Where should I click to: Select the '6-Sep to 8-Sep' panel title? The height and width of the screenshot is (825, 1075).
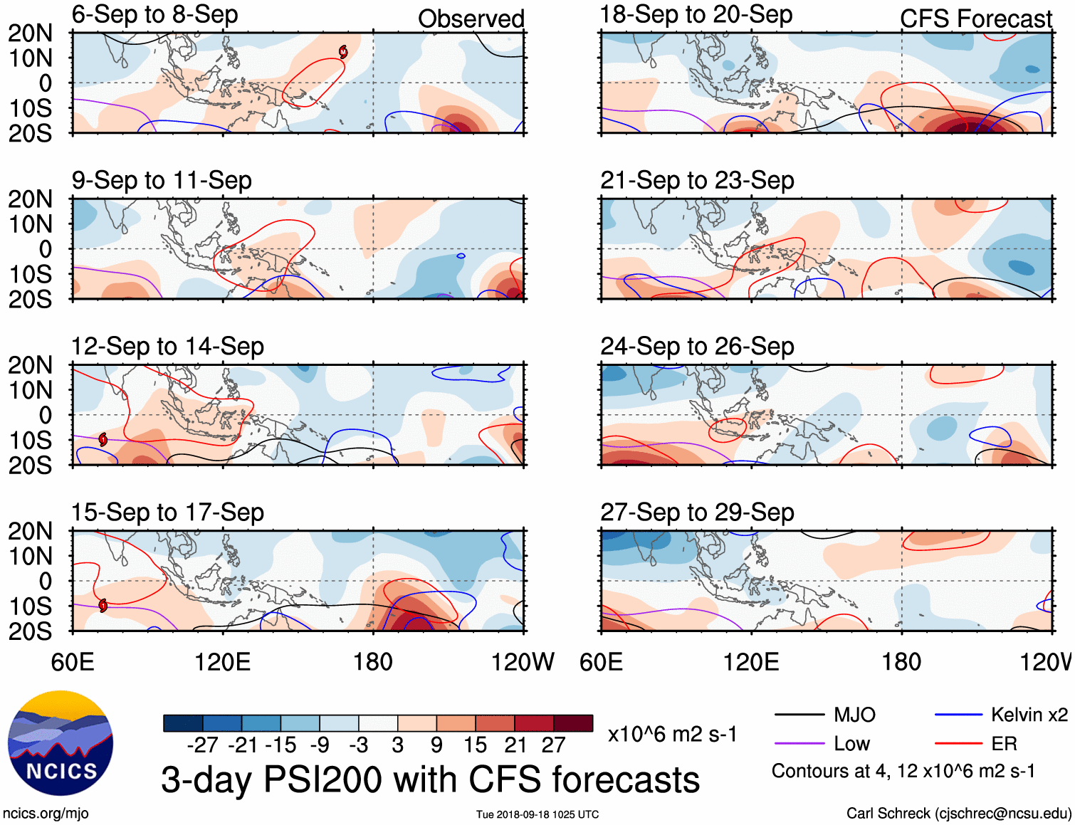[154, 15]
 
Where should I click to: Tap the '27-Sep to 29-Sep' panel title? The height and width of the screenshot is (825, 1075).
[697, 513]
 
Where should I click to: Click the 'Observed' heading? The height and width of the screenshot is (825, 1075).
[471, 19]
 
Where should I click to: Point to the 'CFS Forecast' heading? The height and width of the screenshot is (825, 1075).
[975, 19]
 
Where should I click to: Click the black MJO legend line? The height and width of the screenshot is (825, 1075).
[799, 715]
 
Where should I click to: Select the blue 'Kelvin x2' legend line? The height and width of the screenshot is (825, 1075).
[958, 715]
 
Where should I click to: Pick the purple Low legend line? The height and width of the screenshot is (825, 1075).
[799, 744]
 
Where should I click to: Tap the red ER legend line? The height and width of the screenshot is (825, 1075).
[958, 744]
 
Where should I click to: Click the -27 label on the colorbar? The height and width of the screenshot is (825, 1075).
[202, 745]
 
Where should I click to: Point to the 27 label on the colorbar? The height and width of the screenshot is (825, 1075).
[553, 745]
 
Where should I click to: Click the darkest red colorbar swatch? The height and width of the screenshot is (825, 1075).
[573, 723]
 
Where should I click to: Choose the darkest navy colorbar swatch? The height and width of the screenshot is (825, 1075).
[183, 723]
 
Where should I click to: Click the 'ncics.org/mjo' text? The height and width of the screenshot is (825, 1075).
[46, 813]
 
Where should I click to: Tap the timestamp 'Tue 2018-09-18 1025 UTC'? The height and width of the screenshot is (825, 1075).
[537, 814]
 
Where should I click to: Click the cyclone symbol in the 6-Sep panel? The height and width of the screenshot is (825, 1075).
[343, 51]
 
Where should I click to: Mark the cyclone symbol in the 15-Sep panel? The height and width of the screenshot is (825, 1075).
[103, 606]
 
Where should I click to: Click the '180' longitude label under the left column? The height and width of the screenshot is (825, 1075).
[372, 662]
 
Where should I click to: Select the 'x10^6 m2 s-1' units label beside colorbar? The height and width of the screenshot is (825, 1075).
[672, 734]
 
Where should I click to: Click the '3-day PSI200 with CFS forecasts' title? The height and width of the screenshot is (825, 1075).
[430, 779]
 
